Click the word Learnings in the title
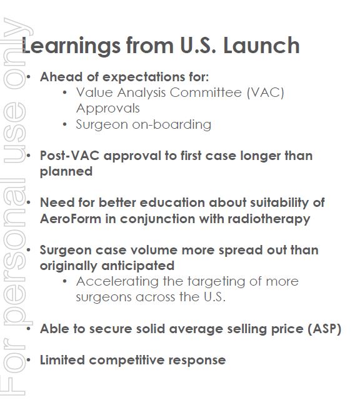click(x=71, y=46)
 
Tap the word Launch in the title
click(x=261, y=45)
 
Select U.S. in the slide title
click(x=198, y=45)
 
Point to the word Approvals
click(x=108, y=109)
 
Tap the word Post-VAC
click(x=69, y=156)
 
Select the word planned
click(x=66, y=172)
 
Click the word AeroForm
click(x=71, y=219)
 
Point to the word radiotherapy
click(x=269, y=219)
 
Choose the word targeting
click(x=216, y=282)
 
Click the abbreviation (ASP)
click(x=324, y=329)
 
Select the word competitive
click(x=126, y=360)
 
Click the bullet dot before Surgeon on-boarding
click(x=64, y=124)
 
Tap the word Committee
click(x=206, y=92)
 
